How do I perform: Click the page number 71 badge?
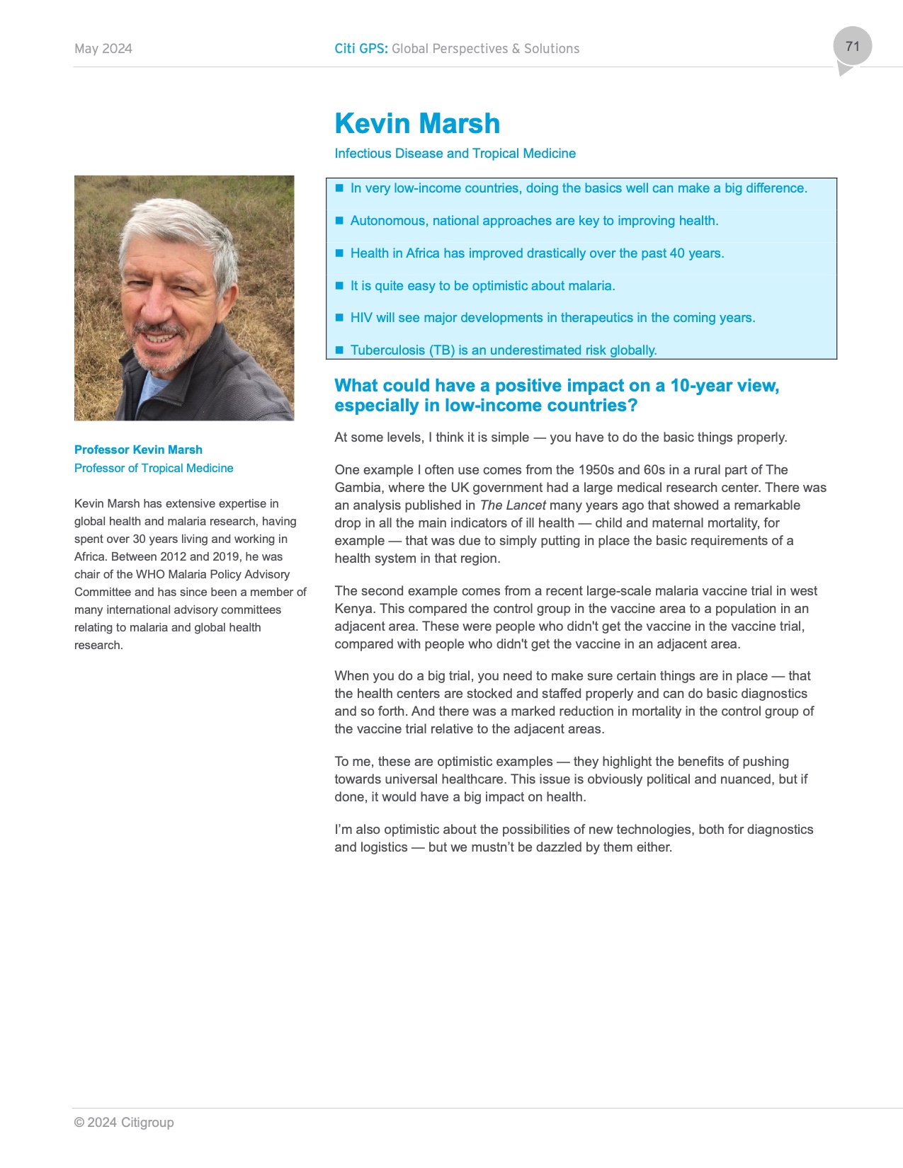pos(852,47)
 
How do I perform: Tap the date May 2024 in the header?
pos(103,49)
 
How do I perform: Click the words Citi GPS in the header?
pos(360,49)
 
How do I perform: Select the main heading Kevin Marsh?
pos(417,124)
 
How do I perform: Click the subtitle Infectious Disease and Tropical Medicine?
pos(455,154)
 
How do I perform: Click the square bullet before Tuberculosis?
pos(339,350)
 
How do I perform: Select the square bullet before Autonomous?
pos(339,220)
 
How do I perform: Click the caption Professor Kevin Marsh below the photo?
pos(138,450)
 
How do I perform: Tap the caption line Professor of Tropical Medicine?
pos(154,469)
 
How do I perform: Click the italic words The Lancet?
pos(513,505)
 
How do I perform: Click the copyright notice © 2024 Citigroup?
pos(124,1123)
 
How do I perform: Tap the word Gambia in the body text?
pos(356,488)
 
